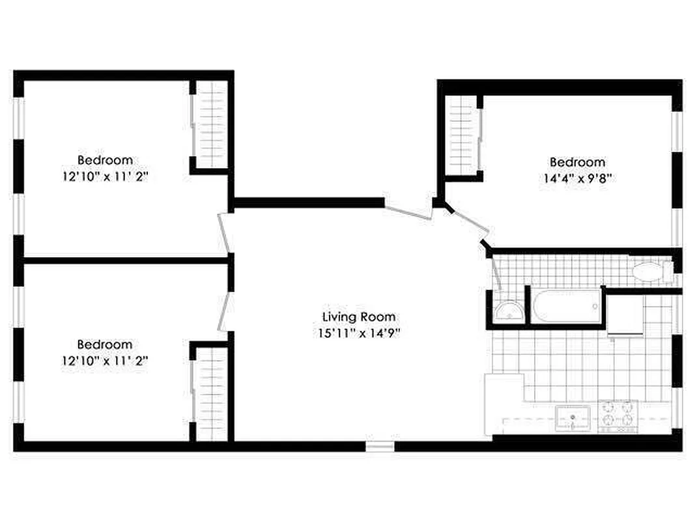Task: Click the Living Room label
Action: point(359,317)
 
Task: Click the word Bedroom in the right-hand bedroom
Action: point(577,162)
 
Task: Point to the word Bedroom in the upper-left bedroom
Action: point(105,160)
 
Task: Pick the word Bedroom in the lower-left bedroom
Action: point(105,344)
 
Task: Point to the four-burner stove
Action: point(617,415)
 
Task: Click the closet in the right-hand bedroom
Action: point(461,135)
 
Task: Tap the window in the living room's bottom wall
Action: point(380,447)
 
